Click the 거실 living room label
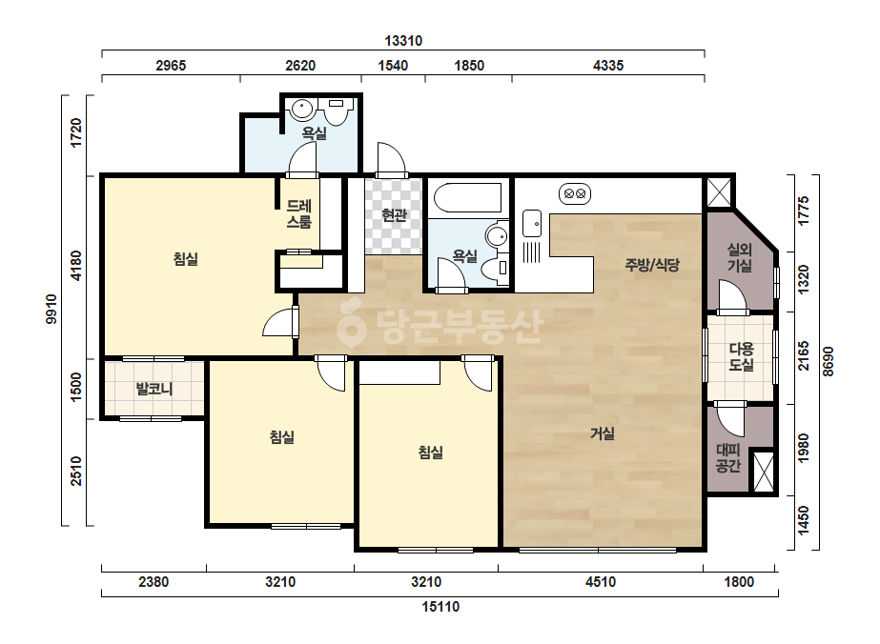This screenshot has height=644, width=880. pyautogui.click(x=603, y=433)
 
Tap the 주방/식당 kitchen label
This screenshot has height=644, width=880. pyautogui.click(x=652, y=264)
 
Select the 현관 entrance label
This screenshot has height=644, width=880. pyautogui.click(x=394, y=214)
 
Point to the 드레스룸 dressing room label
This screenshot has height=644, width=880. pyautogui.click(x=299, y=213)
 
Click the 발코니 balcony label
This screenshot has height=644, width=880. pyautogui.click(x=154, y=388)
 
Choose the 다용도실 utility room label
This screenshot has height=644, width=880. pyautogui.click(x=741, y=357)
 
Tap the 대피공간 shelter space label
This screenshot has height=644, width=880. pyautogui.click(x=728, y=458)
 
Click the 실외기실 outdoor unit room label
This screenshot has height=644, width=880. pyautogui.click(x=740, y=257)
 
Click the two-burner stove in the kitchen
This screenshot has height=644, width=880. pyautogui.click(x=575, y=193)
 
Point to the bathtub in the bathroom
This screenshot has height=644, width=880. pyautogui.click(x=467, y=197)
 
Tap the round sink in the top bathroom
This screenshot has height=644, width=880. pyautogui.click(x=303, y=109)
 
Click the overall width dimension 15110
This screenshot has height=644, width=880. pyautogui.click(x=440, y=607)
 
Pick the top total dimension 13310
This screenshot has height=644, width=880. pyautogui.click(x=403, y=41)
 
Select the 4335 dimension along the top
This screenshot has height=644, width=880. pyautogui.click(x=608, y=66)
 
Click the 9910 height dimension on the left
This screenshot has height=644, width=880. pyautogui.click(x=51, y=309)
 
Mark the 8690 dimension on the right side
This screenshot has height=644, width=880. pyautogui.click(x=829, y=362)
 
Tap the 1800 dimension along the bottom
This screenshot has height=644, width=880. pyautogui.click(x=739, y=582)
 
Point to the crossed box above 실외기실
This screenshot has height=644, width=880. pyautogui.click(x=718, y=192)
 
